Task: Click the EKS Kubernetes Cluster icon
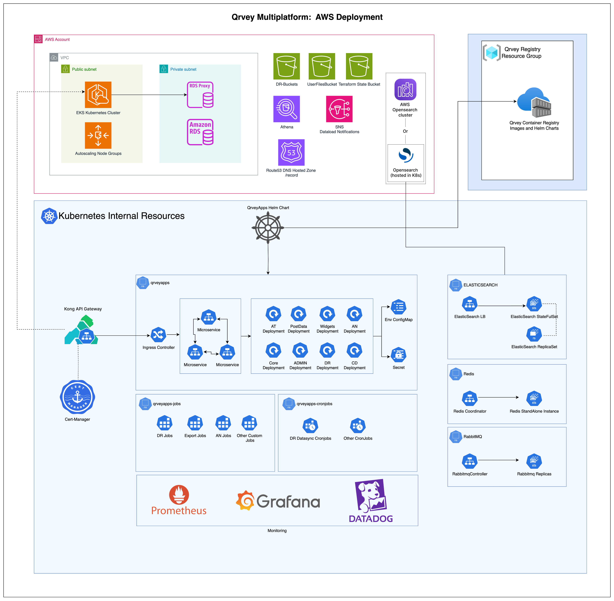coord(98,95)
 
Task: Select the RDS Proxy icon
coord(200,95)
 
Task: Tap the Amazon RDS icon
coord(200,132)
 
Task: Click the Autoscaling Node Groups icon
coord(98,135)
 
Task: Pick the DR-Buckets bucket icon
coord(286,66)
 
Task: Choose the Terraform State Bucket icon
coord(359,66)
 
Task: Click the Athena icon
coord(286,109)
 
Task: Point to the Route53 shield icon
coord(291,152)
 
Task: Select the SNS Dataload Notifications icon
coord(339,109)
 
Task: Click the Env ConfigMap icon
coord(398,307)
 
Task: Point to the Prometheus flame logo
coord(179,495)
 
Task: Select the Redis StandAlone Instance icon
coord(534,399)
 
